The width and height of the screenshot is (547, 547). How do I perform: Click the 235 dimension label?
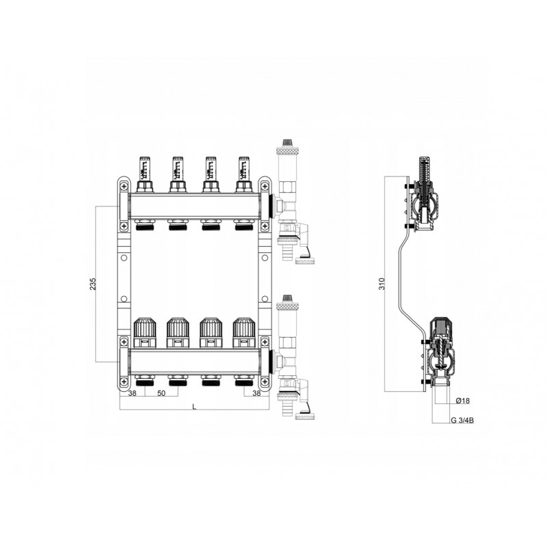[x=93, y=284]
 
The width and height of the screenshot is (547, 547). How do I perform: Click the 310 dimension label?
[x=382, y=284]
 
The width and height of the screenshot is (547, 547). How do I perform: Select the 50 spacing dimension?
[x=161, y=393]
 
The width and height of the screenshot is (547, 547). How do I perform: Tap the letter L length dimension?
[x=194, y=407]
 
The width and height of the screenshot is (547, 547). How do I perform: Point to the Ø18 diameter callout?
[x=463, y=401]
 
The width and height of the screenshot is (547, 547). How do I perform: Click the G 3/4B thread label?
[x=462, y=421]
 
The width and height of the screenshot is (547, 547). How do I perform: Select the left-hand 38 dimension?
[x=132, y=393]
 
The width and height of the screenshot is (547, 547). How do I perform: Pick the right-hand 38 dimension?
[x=256, y=393]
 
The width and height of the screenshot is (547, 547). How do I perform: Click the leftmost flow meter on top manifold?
[x=144, y=174]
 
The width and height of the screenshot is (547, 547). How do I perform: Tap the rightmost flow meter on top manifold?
[x=243, y=174]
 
